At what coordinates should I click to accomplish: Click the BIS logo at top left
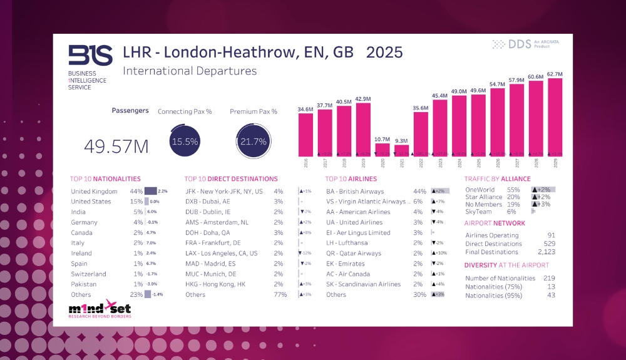point(90,56)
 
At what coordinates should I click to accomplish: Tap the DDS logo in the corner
point(525,44)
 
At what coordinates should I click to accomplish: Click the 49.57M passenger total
point(116,147)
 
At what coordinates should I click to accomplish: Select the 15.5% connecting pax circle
point(185,141)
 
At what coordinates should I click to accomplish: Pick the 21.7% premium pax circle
point(254,141)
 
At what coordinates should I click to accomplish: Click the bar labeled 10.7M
point(382,150)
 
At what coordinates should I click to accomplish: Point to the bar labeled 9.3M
point(401,150)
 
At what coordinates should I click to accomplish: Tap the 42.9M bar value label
point(363,99)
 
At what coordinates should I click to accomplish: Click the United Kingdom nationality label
point(94,192)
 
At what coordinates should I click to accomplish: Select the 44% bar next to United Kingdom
point(150,192)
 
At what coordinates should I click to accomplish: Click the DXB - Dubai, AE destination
point(208,202)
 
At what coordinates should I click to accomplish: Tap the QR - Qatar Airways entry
point(354,254)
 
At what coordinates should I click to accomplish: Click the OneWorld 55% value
point(513,190)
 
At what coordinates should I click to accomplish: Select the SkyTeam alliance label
point(479,212)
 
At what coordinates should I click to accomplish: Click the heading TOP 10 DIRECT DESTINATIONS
point(231,179)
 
